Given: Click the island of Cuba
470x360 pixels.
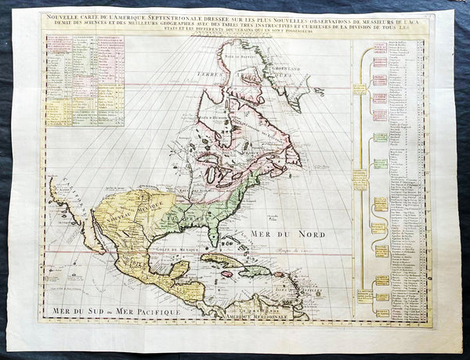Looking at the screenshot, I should tap(223, 260).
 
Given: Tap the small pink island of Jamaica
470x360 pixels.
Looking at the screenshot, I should tap(227, 273).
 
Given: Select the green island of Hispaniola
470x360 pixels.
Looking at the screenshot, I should tap(255, 270).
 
